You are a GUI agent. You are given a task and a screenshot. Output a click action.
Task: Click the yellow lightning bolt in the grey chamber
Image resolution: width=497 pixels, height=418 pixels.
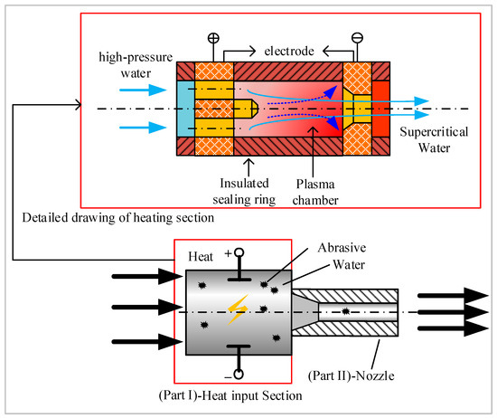click(x=238, y=310)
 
